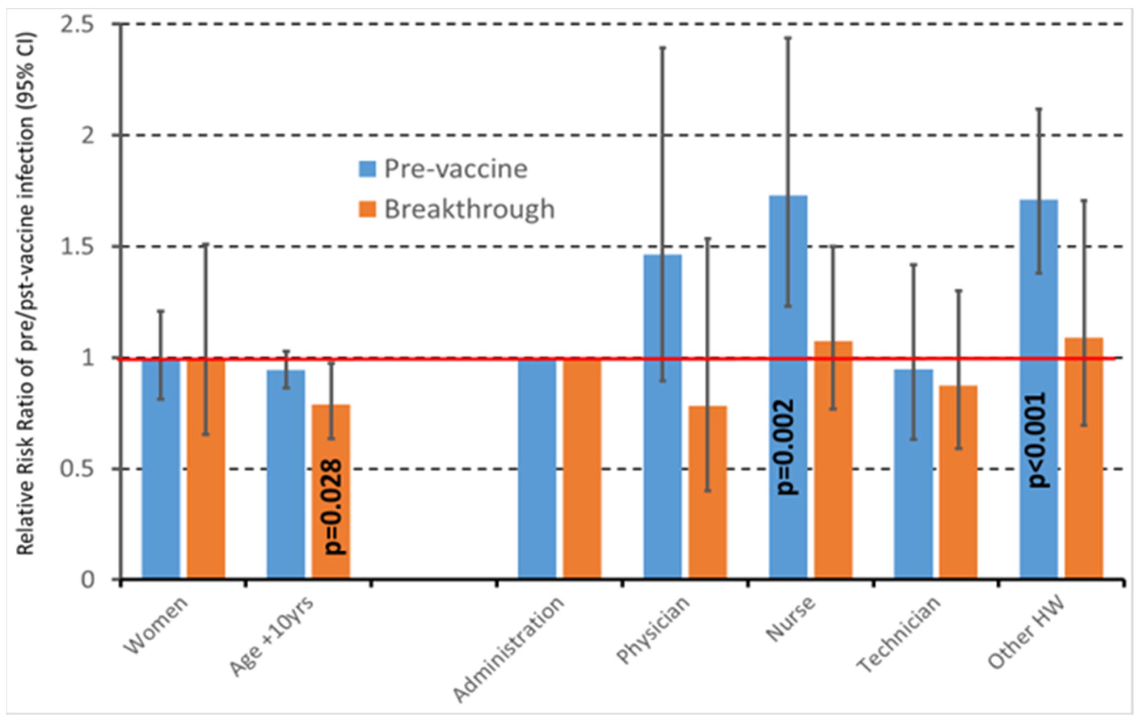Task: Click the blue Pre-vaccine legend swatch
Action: coord(367,169)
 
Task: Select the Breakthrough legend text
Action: coord(469,209)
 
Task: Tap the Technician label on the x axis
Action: coord(899,635)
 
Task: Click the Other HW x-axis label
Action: coord(1026,633)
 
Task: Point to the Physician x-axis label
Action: coord(653,630)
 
